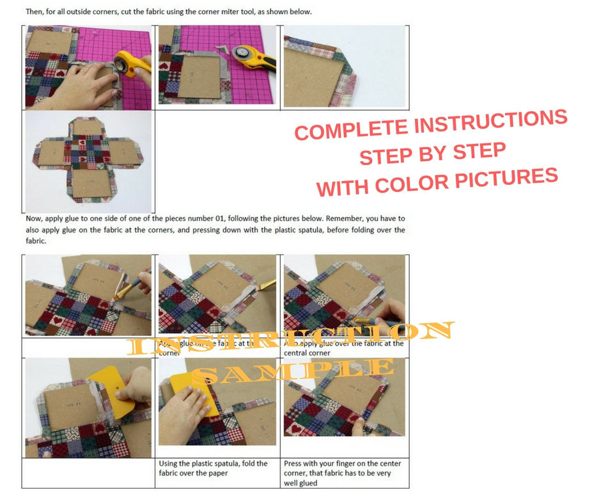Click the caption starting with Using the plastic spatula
(213, 468)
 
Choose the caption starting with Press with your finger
(342, 473)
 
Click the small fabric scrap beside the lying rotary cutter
(223, 47)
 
